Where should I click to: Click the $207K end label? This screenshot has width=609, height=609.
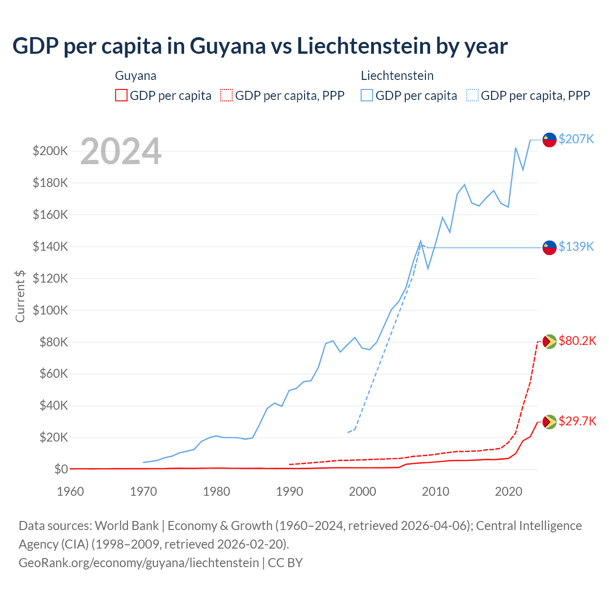pyautogui.click(x=576, y=139)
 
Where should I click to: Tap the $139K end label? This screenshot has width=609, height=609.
pyautogui.click(x=576, y=246)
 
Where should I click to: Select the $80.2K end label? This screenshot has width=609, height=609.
pyautogui.click(x=577, y=341)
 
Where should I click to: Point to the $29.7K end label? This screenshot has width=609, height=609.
pyautogui.click(x=577, y=421)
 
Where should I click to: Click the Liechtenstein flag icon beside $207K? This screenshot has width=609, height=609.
pyautogui.click(x=550, y=140)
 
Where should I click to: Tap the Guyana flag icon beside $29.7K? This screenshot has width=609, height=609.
pyautogui.click(x=550, y=422)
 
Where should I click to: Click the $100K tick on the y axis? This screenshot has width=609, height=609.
pyautogui.click(x=50, y=310)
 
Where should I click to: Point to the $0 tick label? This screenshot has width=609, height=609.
pyautogui.click(x=61, y=469)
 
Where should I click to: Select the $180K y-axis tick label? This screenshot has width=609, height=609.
pyautogui.click(x=50, y=183)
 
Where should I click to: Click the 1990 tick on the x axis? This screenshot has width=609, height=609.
pyautogui.click(x=289, y=491)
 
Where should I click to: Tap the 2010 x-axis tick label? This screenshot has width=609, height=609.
pyautogui.click(x=435, y=491)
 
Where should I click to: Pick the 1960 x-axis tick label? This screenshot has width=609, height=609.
pyautogui.click(x=70, y=491)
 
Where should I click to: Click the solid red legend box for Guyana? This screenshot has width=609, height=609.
pyautogui.click(x=121, y=96)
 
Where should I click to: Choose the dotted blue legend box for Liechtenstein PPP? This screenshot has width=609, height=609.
pyautogui.click(x=472, y=96)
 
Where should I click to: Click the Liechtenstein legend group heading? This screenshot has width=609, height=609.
pyautogui.click(x=397, y=76)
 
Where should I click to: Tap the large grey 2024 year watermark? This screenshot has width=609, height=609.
pyautogui.click(x=121, y=151)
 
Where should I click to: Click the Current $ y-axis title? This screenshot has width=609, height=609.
pyautogui.click(x=20, y=296)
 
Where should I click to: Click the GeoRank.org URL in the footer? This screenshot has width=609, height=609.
pyautogui.click(x=138, y=563)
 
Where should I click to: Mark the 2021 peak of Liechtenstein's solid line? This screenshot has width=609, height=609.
pyautogui.click(x=516, y=147)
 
